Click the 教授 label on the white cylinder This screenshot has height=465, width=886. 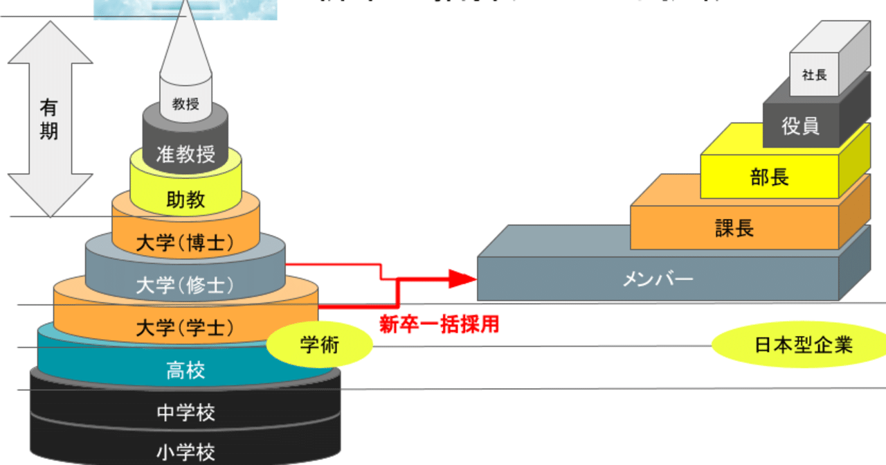(186, 105)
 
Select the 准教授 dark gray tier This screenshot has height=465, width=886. (186, 153)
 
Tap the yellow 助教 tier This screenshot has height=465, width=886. (186, 200)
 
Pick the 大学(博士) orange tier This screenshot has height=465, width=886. (186, 243)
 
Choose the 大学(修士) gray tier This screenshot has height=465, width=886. (185, 284)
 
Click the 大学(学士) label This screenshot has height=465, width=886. (185, 326)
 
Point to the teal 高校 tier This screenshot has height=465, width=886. (185, 371)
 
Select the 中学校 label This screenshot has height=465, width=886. (186, 413)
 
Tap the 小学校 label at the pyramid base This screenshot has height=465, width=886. (186, 453)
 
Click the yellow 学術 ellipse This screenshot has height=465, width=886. (319, 344)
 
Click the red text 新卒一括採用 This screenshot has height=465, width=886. (439, 324)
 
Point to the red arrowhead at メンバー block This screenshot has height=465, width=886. (463, 279)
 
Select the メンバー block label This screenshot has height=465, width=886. (658, 279)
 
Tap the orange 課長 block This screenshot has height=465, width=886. (734, 228)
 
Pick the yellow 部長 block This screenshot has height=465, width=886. (769, 177)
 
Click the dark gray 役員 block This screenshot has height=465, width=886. (800, 126)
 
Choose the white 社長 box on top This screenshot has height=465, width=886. (815, 75)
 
